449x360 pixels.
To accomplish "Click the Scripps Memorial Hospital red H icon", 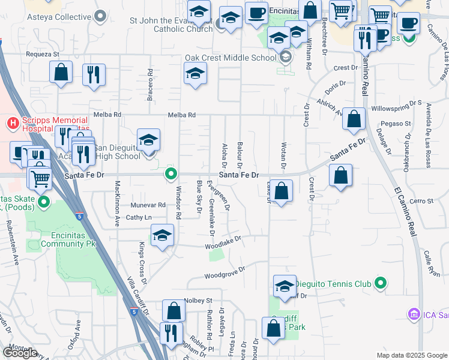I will pyautogui.click(x=11, y=124).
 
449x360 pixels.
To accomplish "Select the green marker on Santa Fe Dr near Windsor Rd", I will pyautogui.click(x=171, y=175).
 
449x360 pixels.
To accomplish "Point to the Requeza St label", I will pyautogui.click(x=42, y=54).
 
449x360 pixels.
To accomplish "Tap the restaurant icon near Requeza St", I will pyautogui.click(x=93, y=74).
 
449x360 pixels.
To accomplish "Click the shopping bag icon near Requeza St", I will pyautogui.click(x=61, y=72).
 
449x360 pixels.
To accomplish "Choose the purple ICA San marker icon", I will pyautogui.click(x=413, y=314).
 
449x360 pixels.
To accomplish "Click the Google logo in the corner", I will pyautogui.click(x=20, y=353).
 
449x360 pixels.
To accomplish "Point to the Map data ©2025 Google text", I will pyautogui.click(x=412, y=355).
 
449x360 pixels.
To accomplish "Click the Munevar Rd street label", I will pyautogui.click(x=148, y=205).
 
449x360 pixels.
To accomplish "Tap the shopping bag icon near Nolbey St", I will pyautogui.click(x=173, y=310).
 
